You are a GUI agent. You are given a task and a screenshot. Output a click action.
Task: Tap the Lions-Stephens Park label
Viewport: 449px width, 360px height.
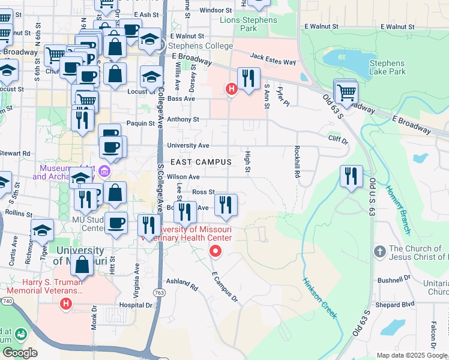pos(249,24)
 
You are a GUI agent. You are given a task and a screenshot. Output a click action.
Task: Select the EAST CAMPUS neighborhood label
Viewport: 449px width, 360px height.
pos(201,162)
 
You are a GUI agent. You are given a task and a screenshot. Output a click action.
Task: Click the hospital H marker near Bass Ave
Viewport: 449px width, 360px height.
pos(231,89)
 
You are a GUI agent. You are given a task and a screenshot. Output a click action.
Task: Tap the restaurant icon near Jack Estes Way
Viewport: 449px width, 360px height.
pos(248,78)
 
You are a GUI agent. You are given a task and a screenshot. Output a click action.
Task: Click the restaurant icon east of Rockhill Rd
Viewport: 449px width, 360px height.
pos(351,176)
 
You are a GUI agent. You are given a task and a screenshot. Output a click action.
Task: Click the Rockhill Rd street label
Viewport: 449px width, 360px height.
pos(297,162)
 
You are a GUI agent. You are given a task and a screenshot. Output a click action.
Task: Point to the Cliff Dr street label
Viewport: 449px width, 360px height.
pos(338,140)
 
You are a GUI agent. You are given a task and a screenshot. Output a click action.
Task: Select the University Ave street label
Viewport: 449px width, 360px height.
pos(188,145)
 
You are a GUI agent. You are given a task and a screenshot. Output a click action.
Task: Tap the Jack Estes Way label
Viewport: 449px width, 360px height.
pos(273,58)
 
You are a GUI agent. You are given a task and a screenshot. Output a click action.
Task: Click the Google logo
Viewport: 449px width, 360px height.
pos(20,353)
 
